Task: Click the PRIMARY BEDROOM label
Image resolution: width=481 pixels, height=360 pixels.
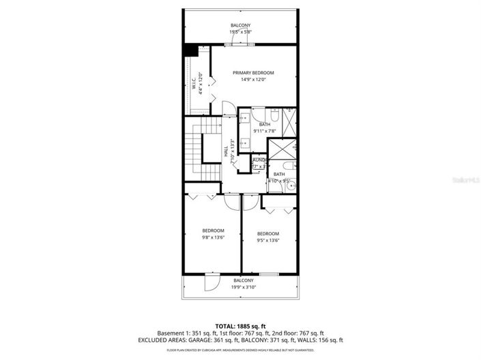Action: point(253,73)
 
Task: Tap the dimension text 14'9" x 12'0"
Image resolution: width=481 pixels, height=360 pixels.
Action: point(253,80)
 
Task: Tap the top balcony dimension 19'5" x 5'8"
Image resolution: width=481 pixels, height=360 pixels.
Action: point(240,32)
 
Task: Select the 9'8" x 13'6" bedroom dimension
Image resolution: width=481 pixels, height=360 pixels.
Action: point(212,237)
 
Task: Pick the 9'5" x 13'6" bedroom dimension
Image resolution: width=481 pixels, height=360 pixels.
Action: point(267,241)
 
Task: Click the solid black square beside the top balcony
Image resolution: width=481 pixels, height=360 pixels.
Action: point(190,50)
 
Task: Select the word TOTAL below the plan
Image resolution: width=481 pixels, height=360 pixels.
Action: point(226,326)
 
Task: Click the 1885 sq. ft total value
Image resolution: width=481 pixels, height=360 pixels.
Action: point(251,326)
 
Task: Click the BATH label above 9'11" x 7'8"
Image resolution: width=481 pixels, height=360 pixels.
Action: point(264,124)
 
